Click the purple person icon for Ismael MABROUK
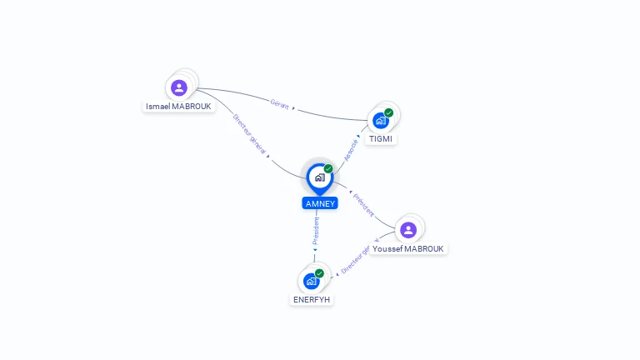(x=178, y=87)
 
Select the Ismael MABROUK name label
(x=179, y=107)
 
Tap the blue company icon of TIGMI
(x=381, y=120)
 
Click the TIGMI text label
(x=381, y=138)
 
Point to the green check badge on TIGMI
(x=389, y=112)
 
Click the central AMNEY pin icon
(x=319, y=177)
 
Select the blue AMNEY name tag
(x=320, y=203)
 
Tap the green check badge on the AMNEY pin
(x=328, y=169)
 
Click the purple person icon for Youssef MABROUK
(x=408, y=230)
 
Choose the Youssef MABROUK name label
(x=409, y=248)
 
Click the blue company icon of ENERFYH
(x=312, y=281)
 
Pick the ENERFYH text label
(x=312, y=299)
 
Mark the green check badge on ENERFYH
(x=319, y=273)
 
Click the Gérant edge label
(x=279, y=103)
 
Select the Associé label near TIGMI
(x=351, y=149)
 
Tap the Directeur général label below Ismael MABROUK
(x=250, y=133)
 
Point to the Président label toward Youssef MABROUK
(x=364, y=205)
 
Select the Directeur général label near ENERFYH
(x=355, y=261)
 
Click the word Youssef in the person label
(x=387, y=248)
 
